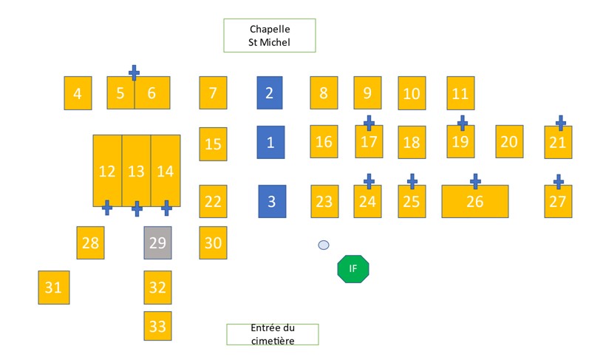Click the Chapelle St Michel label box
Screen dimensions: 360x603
click(270, 35)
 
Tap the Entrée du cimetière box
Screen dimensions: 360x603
click(272, 334)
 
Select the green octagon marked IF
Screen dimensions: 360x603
click(352, 268)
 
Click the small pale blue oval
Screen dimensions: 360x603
click(323, 245)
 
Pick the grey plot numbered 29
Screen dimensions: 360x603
click(157, 242)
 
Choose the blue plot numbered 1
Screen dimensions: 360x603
click(270, 142)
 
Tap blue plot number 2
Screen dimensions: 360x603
click(270, 93)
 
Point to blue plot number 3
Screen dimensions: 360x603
click(272, 201)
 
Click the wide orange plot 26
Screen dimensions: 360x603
click(474, 201)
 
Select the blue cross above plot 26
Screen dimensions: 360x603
click(475, 180)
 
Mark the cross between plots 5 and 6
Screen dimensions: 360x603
click(134, 72)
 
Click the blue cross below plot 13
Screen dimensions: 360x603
click(137, 208)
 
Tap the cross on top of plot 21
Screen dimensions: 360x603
click(560, 123)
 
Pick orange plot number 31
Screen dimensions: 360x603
click(53, 288)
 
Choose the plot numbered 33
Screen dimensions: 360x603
click(157, 325)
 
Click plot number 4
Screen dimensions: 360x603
click(78, 93)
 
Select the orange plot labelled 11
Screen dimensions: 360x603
click(460, 93)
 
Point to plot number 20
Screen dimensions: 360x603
click(508, 141)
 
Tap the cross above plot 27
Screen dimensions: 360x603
click(559, 181)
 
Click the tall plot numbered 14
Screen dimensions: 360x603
click(166, 171)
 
